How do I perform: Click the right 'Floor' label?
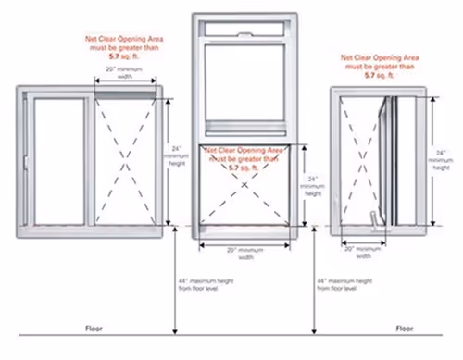tap(404, 329)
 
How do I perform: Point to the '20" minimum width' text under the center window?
tap(244, 254)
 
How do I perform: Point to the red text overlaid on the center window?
tap(244, 158)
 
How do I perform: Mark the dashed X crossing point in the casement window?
tap(362, 157)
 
